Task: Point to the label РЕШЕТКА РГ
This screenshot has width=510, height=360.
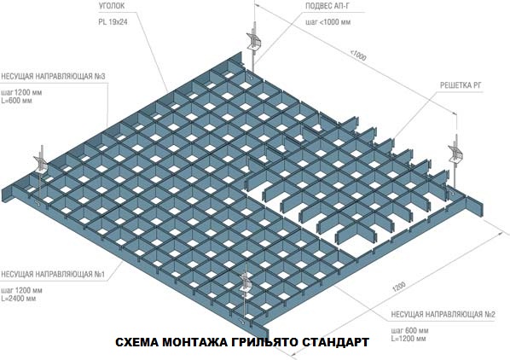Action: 461,85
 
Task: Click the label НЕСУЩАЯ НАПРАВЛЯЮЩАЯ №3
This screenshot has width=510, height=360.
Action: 53,78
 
